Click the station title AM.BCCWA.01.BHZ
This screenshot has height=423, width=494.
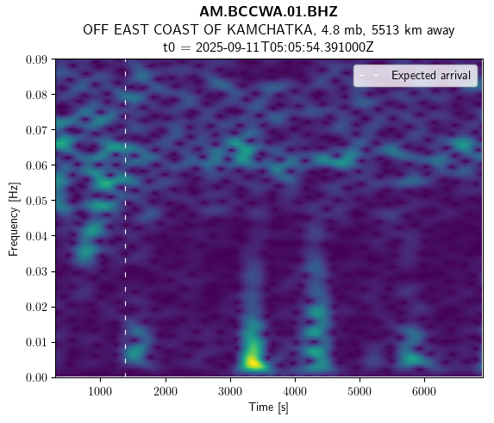click(268, 12)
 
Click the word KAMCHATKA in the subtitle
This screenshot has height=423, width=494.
click(270, 30)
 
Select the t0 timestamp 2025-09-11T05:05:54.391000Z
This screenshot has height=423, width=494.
click(285, 47)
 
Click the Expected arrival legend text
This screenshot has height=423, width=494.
click(431, 76)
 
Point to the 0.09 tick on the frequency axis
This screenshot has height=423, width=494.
click(36, 59)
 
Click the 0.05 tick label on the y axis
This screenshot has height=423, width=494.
click(36, 201)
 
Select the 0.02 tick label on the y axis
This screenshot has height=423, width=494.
click(36, 307)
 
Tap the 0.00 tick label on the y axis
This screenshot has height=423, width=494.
click(36, 377)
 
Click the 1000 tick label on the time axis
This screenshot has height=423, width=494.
click(100, 391)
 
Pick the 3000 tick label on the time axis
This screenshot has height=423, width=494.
click(230, 391)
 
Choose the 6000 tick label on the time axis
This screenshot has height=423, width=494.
click(424, 391)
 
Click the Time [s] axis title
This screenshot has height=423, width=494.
click(268, 407)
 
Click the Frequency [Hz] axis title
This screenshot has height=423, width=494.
click(14, 219)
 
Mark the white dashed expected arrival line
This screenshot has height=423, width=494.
click(125, 218)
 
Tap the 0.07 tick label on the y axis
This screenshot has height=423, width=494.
click(36, 130)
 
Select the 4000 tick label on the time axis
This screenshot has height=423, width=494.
click(295, 391)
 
